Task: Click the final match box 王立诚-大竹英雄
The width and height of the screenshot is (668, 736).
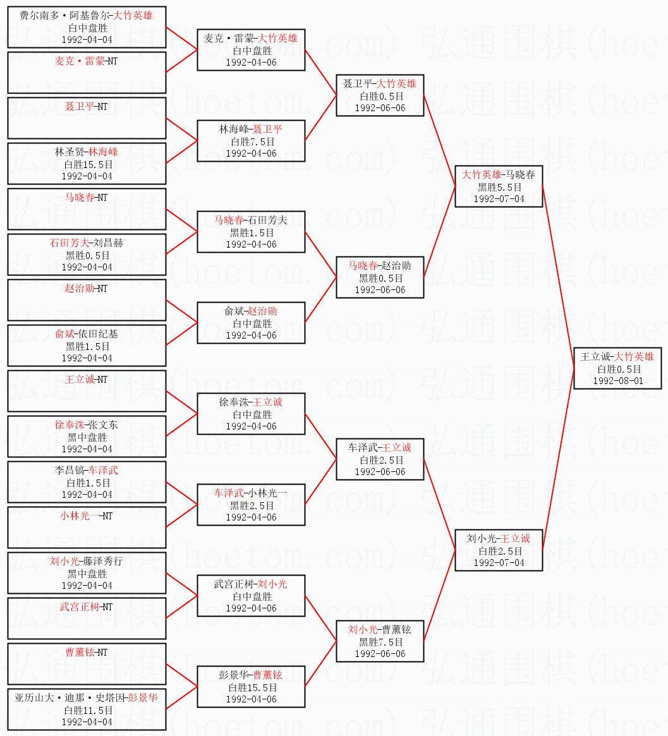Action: point(617,368)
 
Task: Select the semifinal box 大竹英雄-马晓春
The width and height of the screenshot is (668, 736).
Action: point(499,186)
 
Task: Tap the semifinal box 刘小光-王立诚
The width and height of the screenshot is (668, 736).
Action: point(499,550)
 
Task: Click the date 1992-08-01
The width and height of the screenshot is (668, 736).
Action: point(617,380)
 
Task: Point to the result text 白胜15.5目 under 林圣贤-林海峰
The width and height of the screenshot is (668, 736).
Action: point(88,164)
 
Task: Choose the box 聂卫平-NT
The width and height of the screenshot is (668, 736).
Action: point(87,118)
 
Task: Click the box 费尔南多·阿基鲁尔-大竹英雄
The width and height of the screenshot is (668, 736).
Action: point(87,27)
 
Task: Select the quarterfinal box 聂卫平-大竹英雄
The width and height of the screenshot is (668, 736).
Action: point(379,95)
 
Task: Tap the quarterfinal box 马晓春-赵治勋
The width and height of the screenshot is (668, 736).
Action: point(379,277)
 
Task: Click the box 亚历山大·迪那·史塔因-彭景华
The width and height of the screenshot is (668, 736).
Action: point(87,709)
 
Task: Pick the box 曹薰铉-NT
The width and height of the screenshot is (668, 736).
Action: point(87,663)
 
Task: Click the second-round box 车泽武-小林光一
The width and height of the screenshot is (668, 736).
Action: point(251,505)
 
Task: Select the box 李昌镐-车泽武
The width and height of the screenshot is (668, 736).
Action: point(87,482)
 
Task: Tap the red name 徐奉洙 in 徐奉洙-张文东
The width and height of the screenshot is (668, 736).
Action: point(70,425)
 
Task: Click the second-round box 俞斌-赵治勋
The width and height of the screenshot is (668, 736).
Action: point(251,323)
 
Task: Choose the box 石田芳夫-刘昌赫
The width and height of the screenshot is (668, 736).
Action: point(87,255)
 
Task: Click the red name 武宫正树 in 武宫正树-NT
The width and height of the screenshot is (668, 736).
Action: point(80,607)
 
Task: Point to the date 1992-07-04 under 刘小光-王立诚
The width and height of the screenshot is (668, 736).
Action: point(499,563)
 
